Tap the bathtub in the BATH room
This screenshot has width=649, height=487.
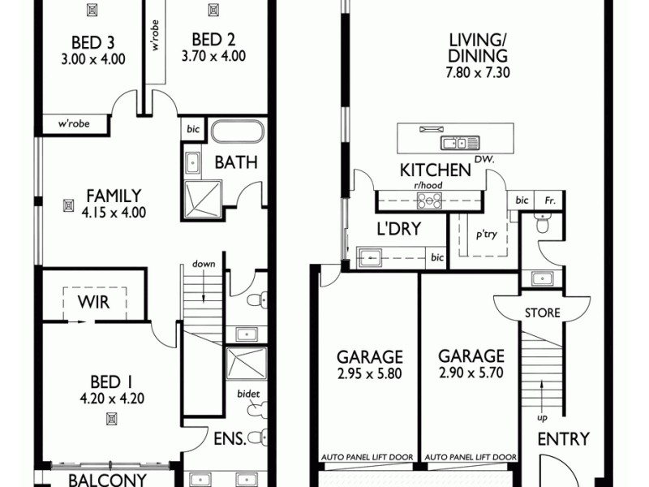click(x=237, y=133)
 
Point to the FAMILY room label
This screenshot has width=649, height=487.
click(x=114, y=196)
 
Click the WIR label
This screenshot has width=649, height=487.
click(x=94, y=303)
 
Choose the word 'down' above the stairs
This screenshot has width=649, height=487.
click(x=203, y=265)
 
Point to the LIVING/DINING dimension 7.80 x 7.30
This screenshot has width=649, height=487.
click(x=479, y=73)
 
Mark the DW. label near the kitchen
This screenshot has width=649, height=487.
click(x=484, y=158)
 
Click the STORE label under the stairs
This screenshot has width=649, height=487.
click(x=541, y=312)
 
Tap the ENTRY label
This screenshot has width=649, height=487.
click(x=563, y=439)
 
